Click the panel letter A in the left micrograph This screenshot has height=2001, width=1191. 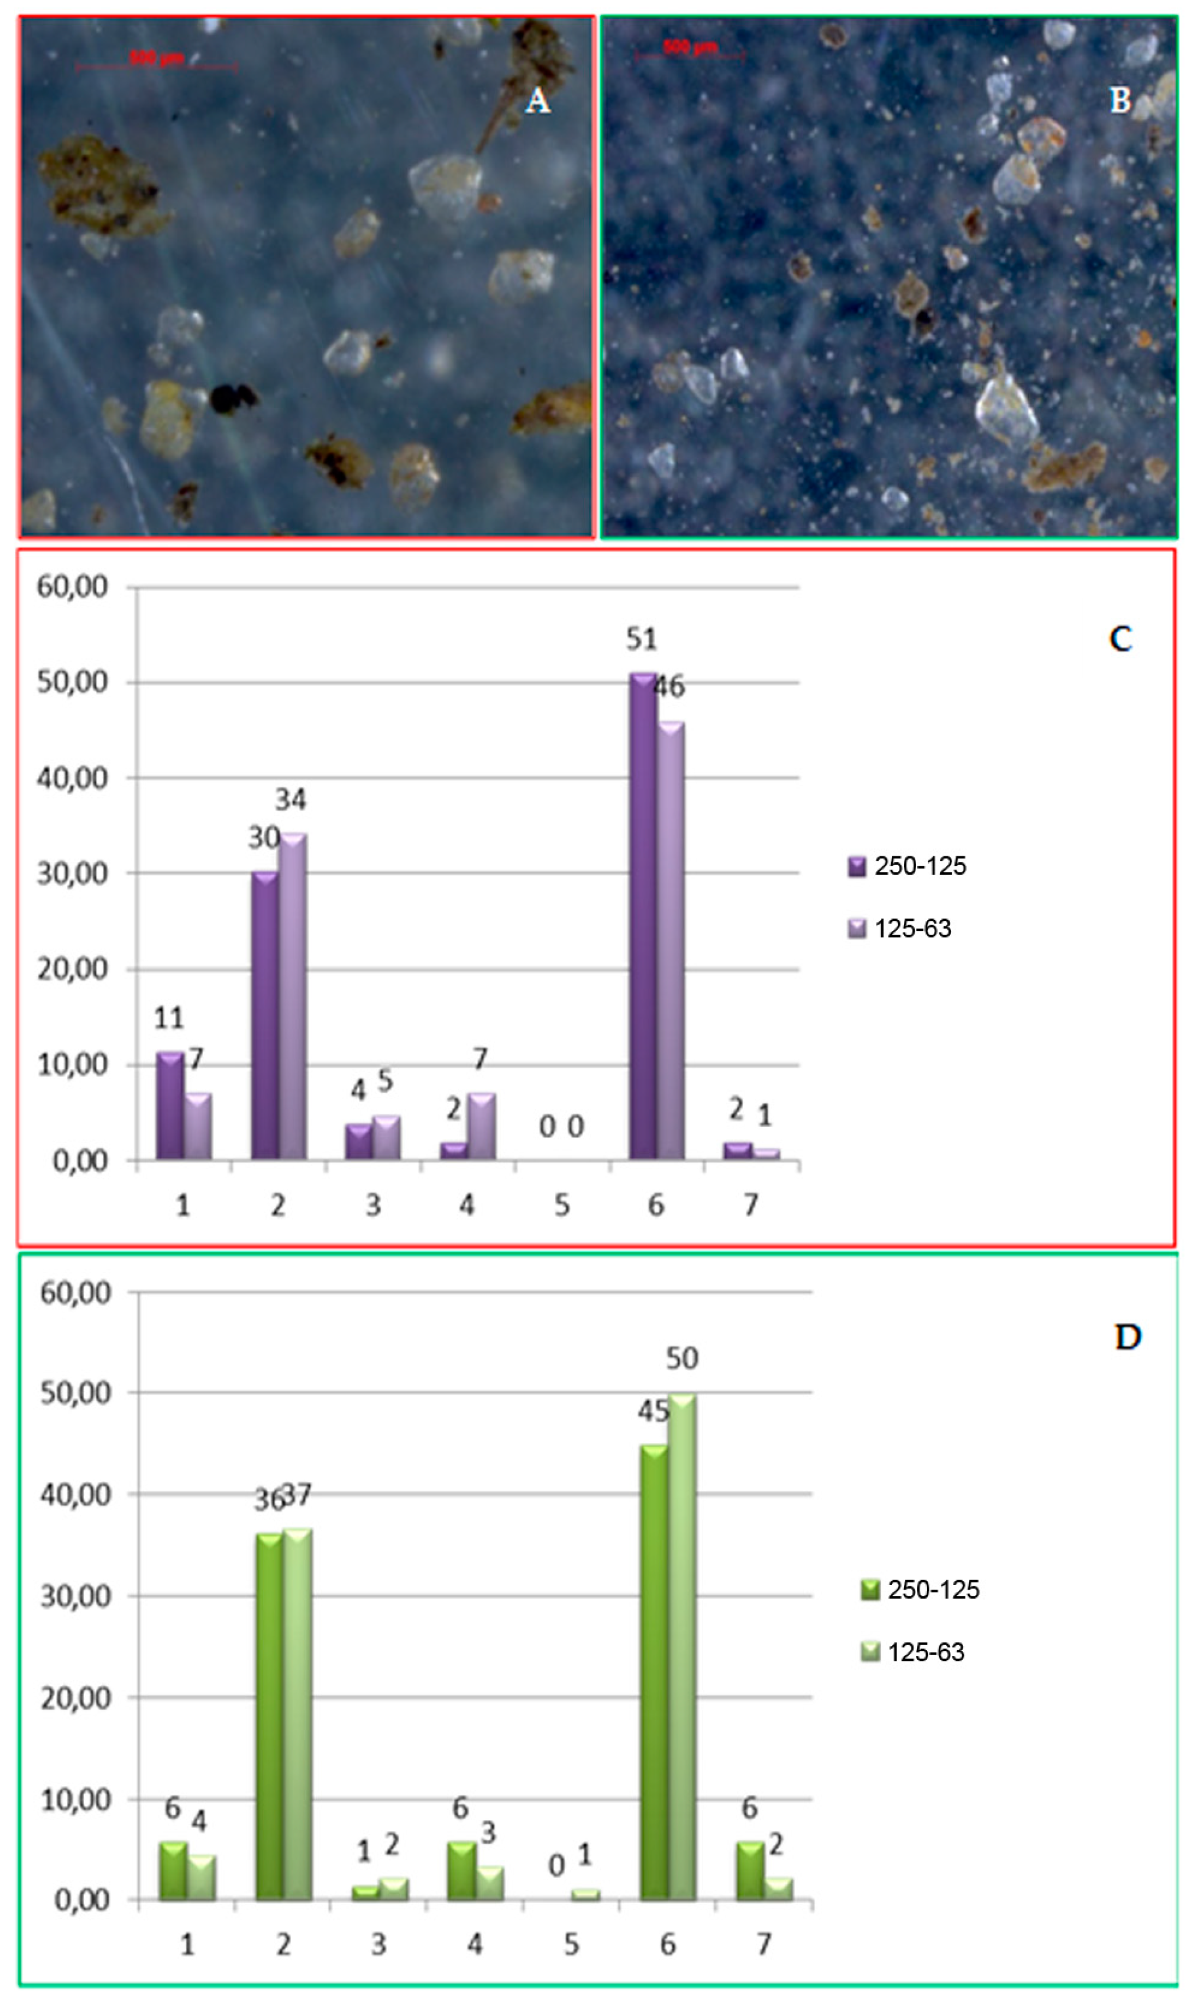(x=537, y=101)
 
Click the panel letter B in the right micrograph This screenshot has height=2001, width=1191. (x=1120, y=101)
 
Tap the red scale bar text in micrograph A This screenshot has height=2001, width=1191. (x=157, y=58)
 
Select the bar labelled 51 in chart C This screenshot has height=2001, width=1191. (x=643, y=915)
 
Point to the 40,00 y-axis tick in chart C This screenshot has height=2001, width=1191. (x=72, y=778)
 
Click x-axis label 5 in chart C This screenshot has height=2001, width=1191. (x=562, y=1205)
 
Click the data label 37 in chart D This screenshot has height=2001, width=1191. (x=297, y=1494)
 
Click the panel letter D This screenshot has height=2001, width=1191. (x=1128, y=1337)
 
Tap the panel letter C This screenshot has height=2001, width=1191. (x=1120, y=639)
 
